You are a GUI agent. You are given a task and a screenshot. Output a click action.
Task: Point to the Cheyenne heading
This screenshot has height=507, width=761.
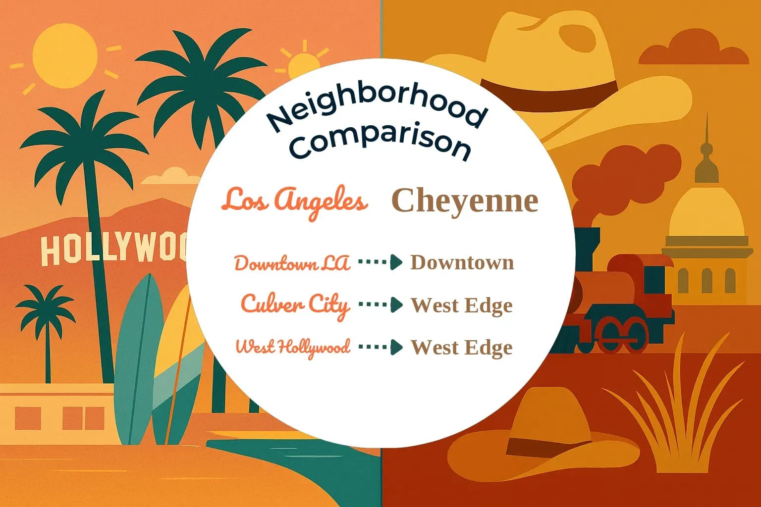point(465,201)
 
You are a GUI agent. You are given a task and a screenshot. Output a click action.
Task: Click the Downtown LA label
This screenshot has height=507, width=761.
point(292,263)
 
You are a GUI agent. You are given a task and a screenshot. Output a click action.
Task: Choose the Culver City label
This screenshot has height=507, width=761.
point(295,304)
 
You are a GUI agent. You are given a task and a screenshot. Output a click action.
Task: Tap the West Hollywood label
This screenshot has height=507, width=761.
point(293,347)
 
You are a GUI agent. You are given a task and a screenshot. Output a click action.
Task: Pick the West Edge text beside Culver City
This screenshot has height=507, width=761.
point(461,305)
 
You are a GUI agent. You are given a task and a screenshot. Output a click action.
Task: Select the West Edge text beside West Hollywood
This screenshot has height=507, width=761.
point(461,348)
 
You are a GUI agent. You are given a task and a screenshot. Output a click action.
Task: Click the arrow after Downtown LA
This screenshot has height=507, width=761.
point(380,262)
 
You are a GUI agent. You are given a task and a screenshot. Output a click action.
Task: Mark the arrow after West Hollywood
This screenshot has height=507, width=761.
point(380,347)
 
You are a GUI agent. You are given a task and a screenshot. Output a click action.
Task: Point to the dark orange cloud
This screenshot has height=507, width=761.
point(694,50)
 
